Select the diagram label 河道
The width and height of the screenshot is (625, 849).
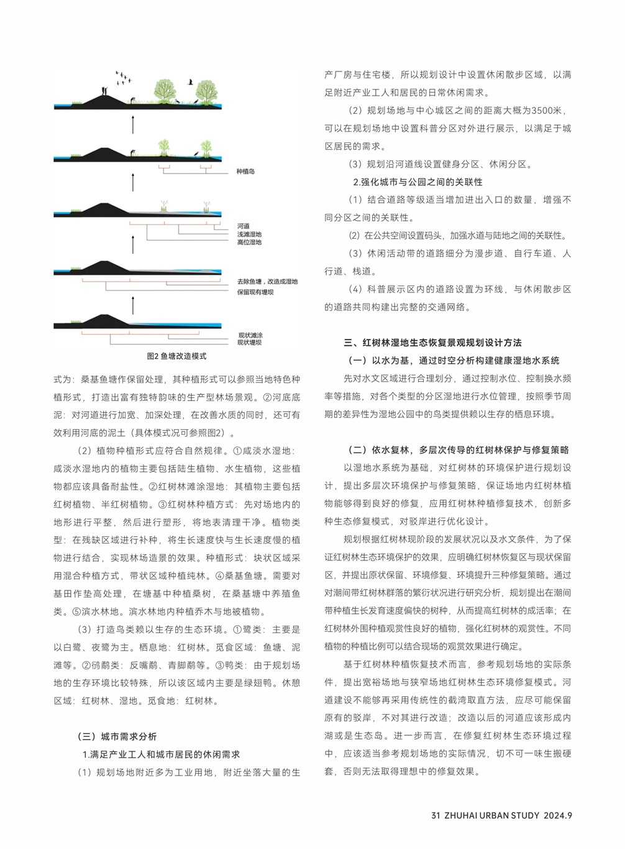tap(243, 226)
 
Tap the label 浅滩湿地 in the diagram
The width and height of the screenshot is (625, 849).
tap(249, 234)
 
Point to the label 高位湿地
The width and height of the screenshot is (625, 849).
tap(249, 242)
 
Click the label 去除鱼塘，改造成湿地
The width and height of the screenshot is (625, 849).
tap(267, 282)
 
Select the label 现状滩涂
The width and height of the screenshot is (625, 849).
tap(249, 335)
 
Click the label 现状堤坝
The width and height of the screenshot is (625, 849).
tap(249, 343)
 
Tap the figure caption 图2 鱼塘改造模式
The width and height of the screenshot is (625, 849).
tap(176, 356)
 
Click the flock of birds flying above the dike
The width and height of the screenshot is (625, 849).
tap(124, 77)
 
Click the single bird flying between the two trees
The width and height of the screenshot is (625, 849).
tap(189, 81)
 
